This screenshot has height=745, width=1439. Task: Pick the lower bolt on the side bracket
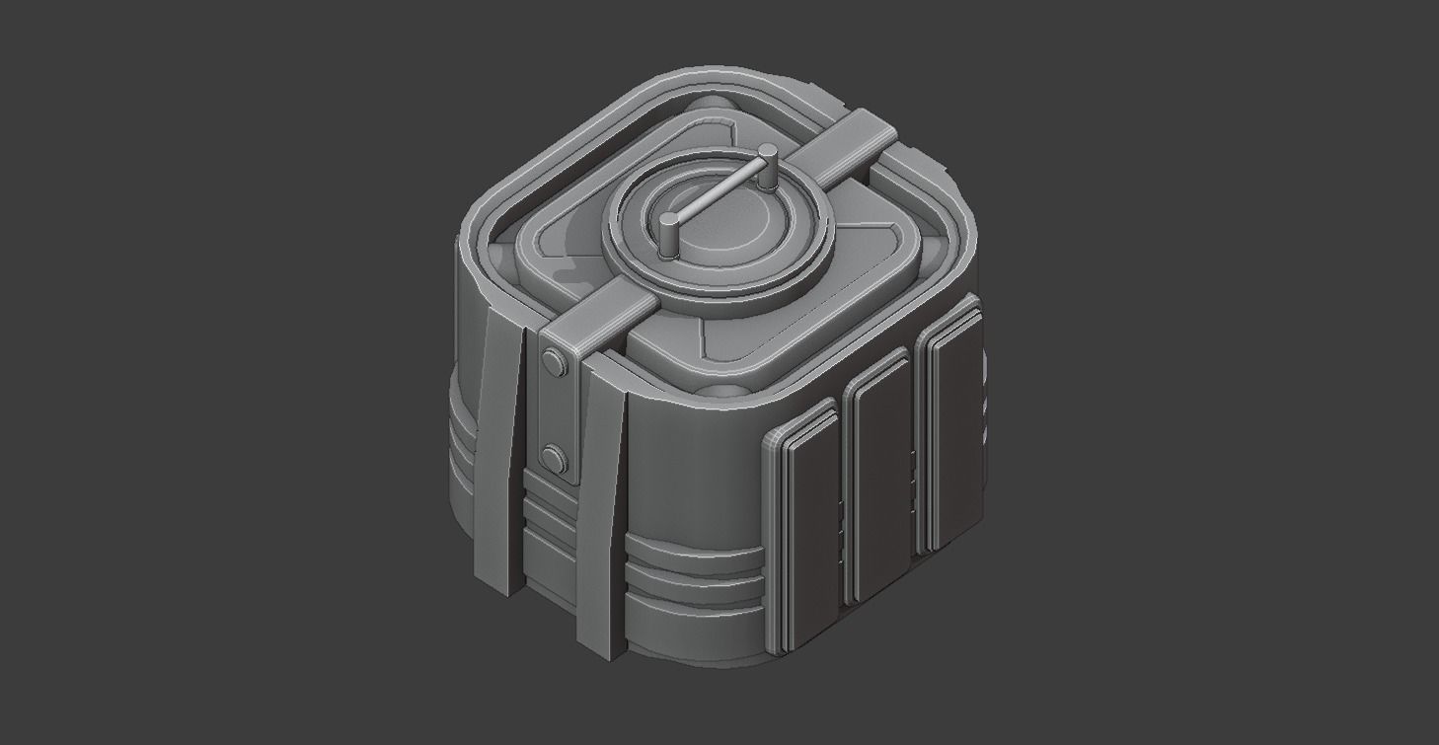coord(554,457)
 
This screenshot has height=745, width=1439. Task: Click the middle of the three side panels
coord(881,474)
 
